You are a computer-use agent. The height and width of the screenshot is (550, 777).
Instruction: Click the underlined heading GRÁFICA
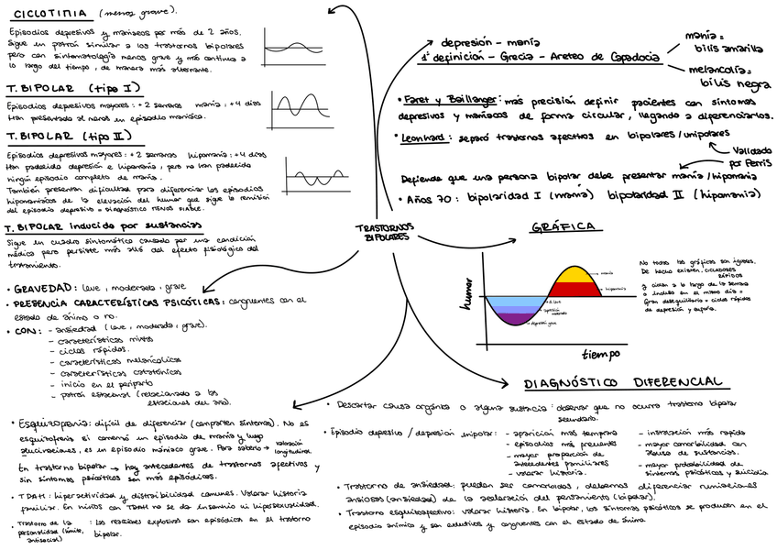coord(564,227)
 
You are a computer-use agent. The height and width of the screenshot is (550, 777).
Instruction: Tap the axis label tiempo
coord(600,353)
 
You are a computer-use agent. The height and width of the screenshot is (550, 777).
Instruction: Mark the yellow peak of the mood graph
coord(575,275)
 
